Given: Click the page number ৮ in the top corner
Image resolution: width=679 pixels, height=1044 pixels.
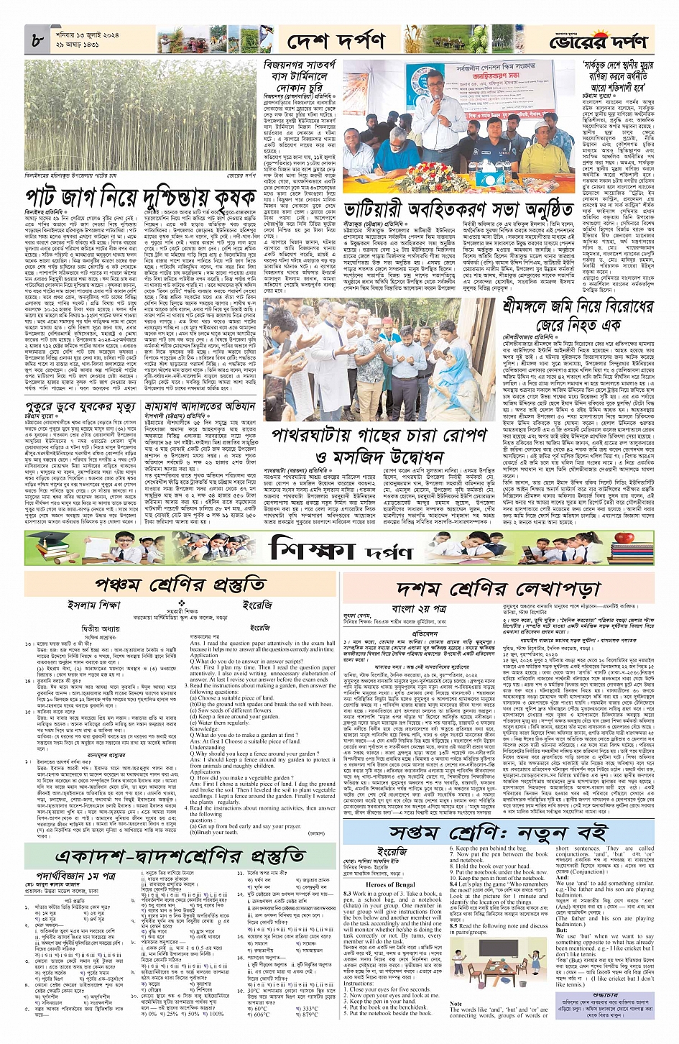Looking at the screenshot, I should [x=37, y=41].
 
